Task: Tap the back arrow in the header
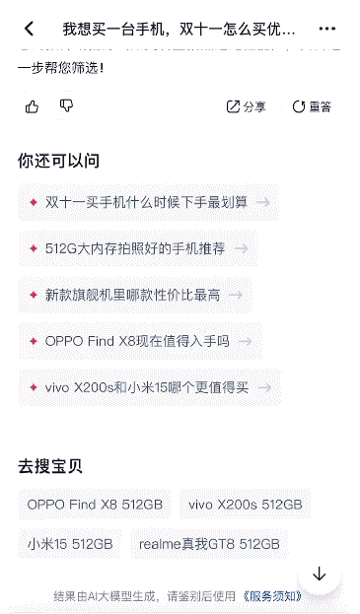click(30, 29)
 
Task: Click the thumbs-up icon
click(33, 105)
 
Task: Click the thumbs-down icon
click(66, 105)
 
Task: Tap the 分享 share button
click(247, 106)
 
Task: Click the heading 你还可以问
click(58, 161)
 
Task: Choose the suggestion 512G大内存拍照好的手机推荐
click(135, 248)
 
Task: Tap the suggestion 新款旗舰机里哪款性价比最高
click(132, 295)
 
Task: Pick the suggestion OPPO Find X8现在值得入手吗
click(137, 341)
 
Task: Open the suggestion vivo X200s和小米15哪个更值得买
click(147, 387)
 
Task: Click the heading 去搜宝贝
click(50, 466)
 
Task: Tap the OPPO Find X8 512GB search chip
click(95, 505)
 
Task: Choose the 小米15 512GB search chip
click(70, 543)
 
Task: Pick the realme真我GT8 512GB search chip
click(209, 543)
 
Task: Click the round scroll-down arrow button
click(319, 574)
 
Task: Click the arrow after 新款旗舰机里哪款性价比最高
click(237, 295)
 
